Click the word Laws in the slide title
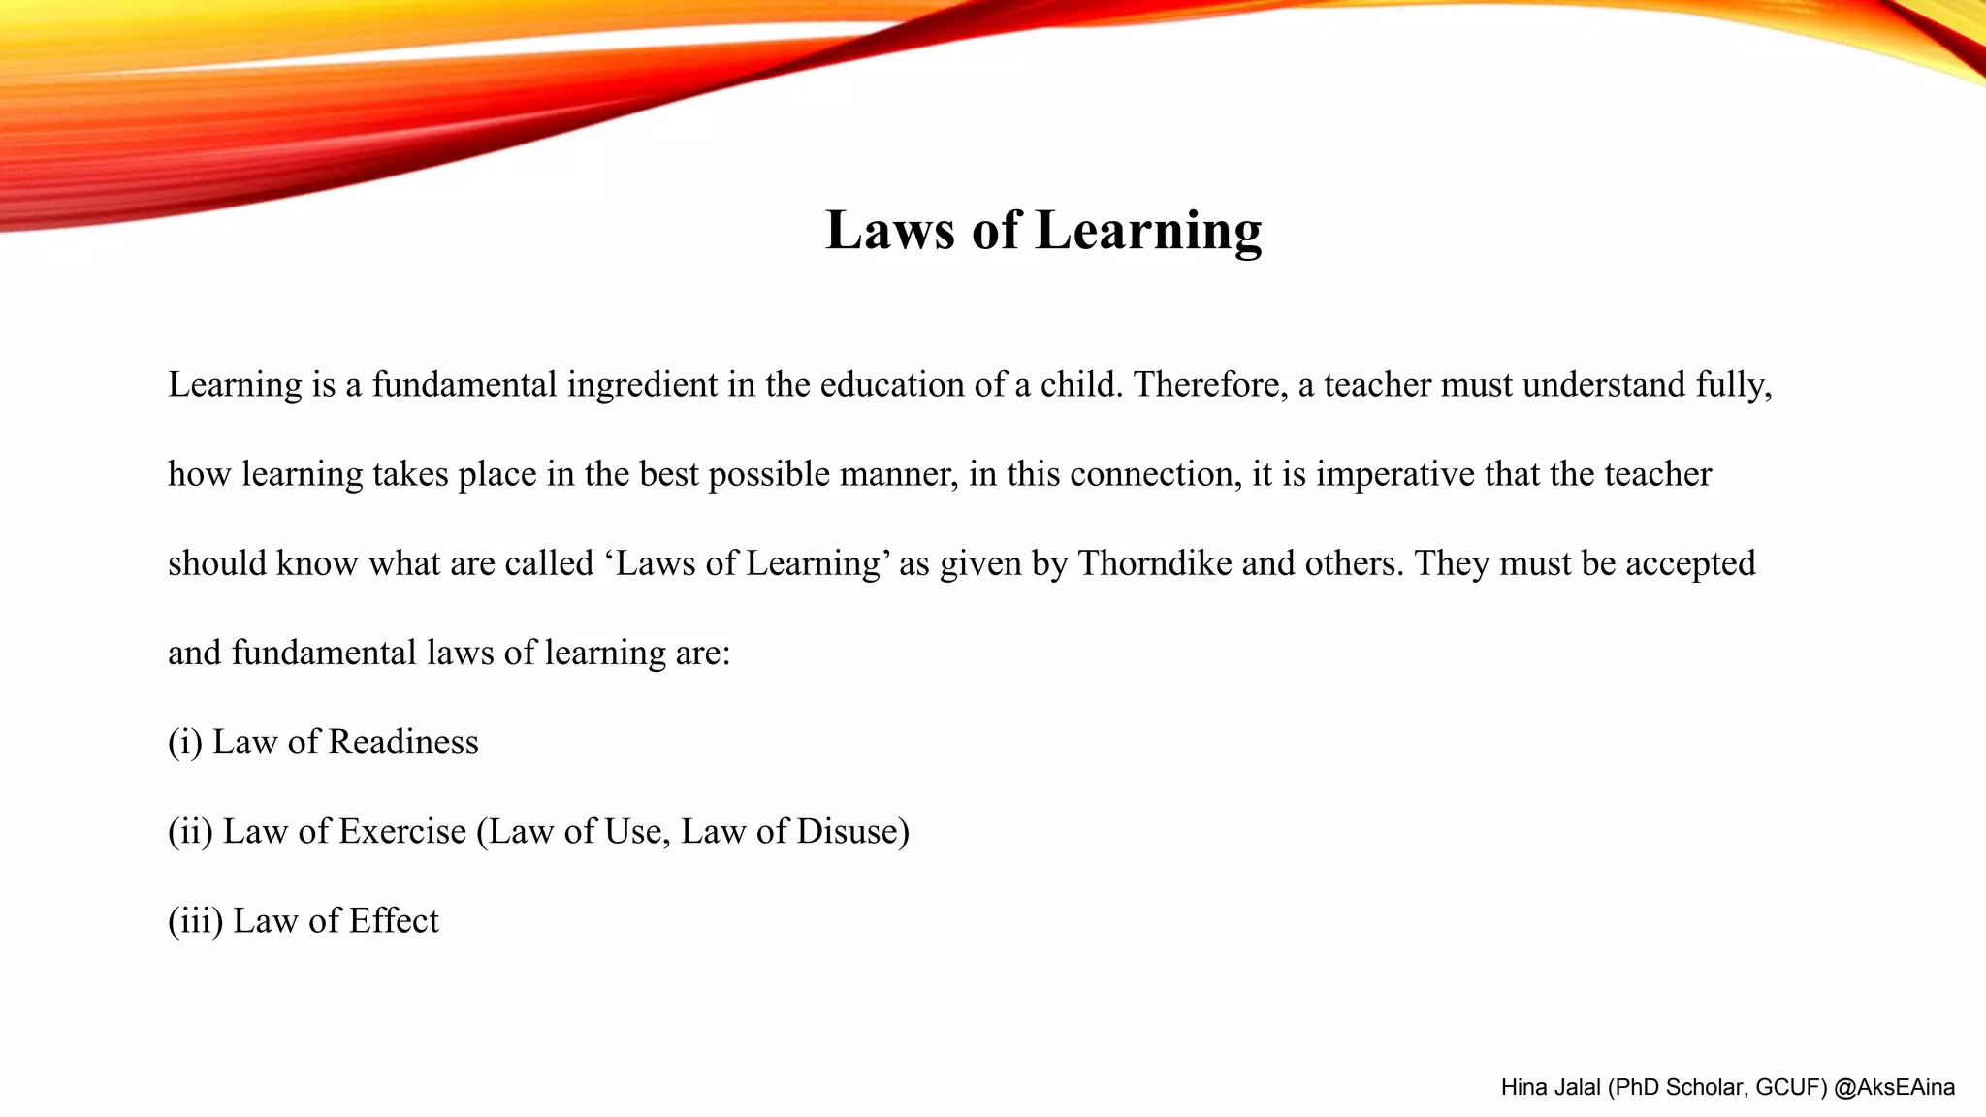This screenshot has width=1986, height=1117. (890, 231)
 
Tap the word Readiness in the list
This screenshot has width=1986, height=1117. (403, 742)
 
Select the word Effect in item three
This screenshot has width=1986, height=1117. (394, 920)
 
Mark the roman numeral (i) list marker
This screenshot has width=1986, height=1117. (185, 743)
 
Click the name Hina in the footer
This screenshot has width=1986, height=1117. (1523, 1088)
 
